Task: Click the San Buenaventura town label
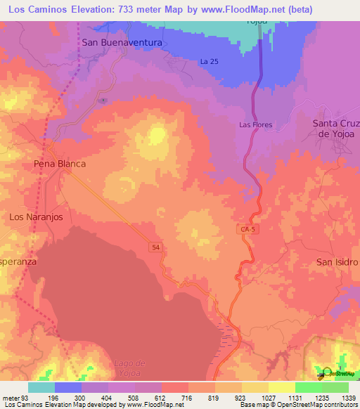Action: (x=122, y=43)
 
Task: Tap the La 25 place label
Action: (x=209, y=62)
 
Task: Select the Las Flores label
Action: (x=255, y=125)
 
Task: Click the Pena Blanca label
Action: (x=60, y=164)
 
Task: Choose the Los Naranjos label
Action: (x=36, y=217)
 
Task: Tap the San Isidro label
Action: (x=337, y=262)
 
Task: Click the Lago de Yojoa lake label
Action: (x=129, y=368)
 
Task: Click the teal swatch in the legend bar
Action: (x=41, y=387)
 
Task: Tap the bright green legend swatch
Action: (x=308, y=387)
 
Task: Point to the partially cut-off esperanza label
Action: (x=18, y=261)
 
